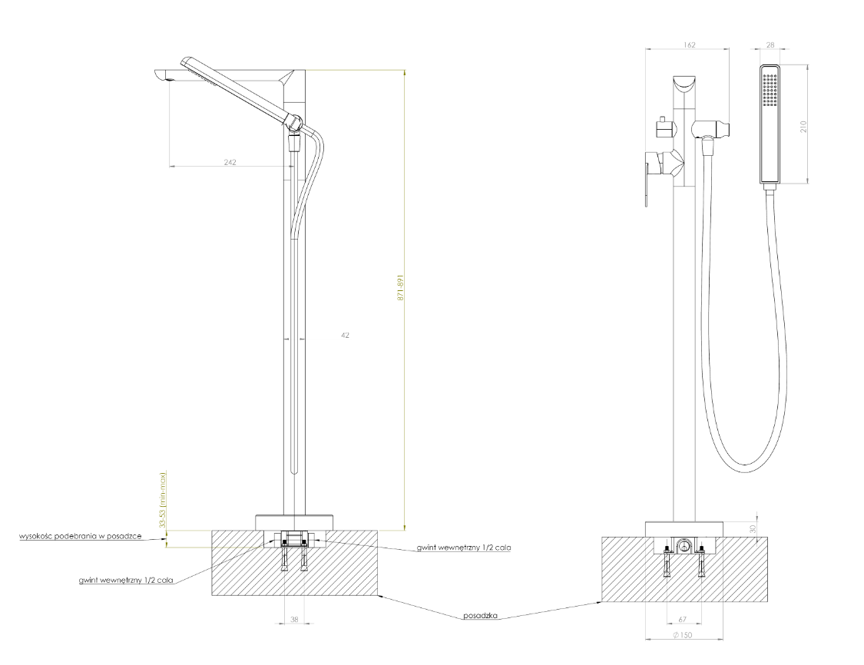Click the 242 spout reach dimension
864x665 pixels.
[230, 162]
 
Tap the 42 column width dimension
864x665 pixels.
[345, 335]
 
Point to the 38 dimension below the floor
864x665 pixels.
[293, 620]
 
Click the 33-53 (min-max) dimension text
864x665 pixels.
[163, 500]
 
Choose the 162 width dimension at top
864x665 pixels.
[689, 45]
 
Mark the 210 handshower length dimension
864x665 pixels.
[803, 126]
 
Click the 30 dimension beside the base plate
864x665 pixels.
[754, 528]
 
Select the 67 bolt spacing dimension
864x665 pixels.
[684, 620]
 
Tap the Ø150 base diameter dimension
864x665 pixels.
[682, 635]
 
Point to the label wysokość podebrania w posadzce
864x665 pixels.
[81, 535]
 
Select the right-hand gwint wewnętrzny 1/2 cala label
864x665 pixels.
[464, 548]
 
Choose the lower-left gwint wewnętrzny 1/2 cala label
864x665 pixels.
[126, 581]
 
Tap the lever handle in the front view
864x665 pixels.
[647, 177]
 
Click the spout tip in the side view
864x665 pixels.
[161, 76]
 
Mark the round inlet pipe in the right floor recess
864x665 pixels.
[684, 546]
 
